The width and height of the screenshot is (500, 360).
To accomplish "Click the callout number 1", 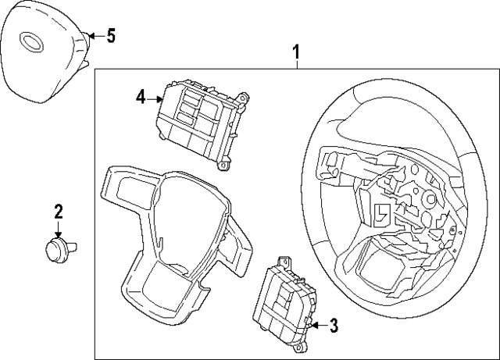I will click(x=297, y=52).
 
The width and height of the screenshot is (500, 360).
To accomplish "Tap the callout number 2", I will click(x=59, y=211).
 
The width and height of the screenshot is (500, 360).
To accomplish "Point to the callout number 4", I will click(x=141, y=97).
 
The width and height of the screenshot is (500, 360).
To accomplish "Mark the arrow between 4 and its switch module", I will click(x=155, y=98).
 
